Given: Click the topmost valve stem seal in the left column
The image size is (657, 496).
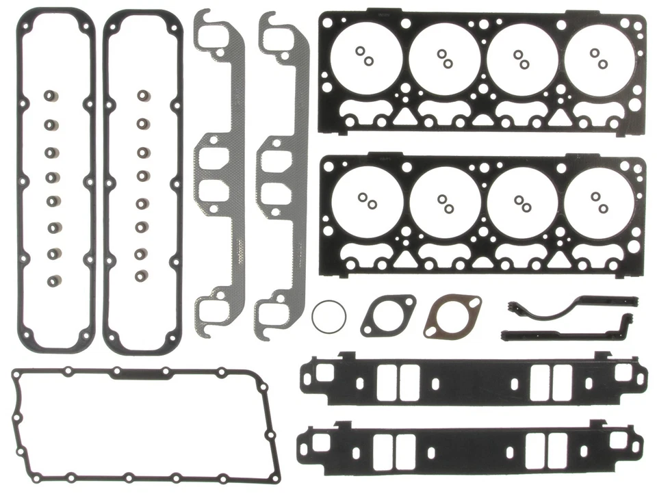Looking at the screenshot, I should (50, 95).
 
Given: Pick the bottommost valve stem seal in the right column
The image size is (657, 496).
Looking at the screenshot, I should (142, 276).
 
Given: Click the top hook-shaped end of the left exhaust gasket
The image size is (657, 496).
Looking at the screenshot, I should (211, 27).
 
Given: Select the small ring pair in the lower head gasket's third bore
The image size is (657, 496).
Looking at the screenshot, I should (522, 203).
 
